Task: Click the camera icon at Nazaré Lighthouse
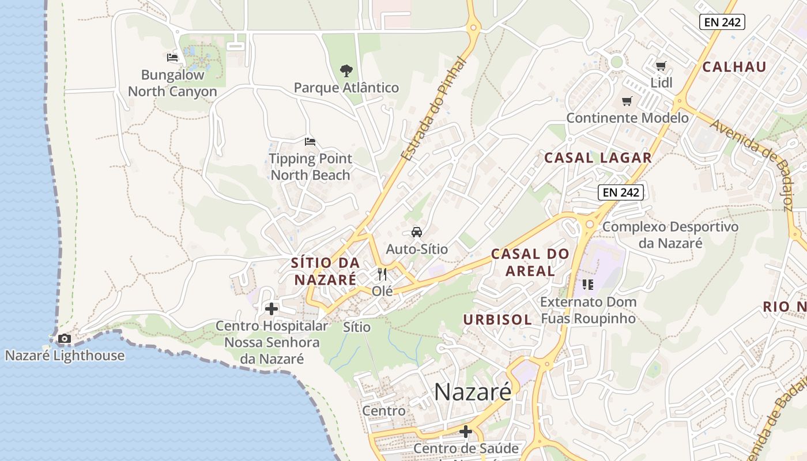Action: coord(65,339)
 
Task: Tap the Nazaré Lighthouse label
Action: coord(65,356)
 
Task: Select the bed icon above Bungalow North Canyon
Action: coord(172,58)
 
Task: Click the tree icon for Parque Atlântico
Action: coord(346,71)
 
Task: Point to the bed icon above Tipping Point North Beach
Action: coord(310,142)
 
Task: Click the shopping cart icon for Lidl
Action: coord(661,66)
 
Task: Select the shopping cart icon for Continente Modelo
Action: coord(627,101)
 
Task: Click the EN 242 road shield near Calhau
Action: coord(722,22)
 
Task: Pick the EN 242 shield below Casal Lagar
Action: coord(620,192)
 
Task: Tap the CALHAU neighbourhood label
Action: coord(734,67)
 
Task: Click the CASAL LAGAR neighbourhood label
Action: coord(598,158)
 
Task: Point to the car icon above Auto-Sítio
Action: coord(416,232)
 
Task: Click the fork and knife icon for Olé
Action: coord(382,274)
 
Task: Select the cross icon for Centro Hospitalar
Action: coord(271,309)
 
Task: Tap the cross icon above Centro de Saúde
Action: coord(466,432)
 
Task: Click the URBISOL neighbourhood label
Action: coord(497,320)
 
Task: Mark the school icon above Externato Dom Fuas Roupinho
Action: coord(588,284)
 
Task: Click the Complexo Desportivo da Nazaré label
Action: coord(670,235)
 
